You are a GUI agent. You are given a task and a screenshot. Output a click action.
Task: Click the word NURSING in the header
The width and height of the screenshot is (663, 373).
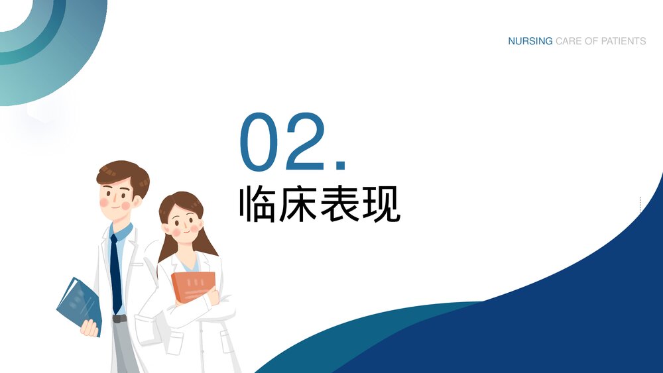coord(530,41)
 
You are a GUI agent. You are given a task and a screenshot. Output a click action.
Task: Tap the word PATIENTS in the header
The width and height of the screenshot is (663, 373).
coord(623,41)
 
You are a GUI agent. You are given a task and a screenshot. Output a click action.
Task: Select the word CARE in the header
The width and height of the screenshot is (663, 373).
coord(568,41)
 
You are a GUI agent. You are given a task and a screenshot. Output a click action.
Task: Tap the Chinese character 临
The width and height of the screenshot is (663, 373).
coord(258,205)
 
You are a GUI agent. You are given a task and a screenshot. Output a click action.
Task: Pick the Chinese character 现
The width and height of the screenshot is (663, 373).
coord(381,205)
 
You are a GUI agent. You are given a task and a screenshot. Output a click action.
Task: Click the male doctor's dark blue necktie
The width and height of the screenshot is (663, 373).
coord(116,272)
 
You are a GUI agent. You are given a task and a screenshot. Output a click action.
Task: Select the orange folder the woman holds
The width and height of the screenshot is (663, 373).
coord(193,286)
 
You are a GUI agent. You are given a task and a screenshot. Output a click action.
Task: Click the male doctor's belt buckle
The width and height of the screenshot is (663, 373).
coord(119,319)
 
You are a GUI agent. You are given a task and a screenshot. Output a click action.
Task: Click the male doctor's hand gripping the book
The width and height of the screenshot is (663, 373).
coord(89,327)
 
